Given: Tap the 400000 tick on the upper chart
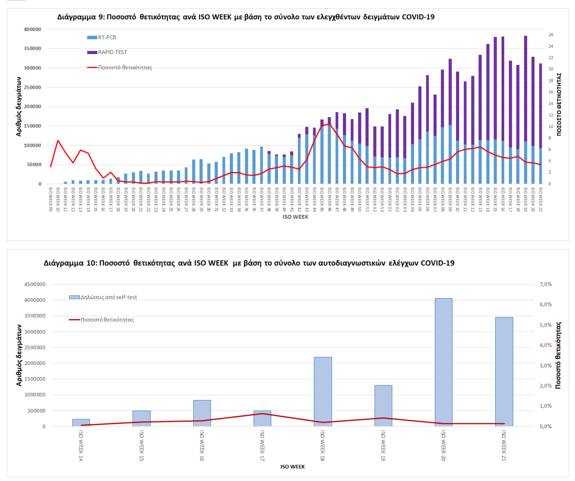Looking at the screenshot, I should (x=32, y=29).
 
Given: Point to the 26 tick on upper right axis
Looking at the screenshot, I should (x=551, y=35).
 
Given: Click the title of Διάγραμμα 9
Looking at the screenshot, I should (x=246, y=17).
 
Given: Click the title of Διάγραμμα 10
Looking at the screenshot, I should (x=249, y=263).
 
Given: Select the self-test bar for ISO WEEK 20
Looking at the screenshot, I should (x=443, y=362).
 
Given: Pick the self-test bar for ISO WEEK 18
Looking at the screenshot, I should (x=323, y=391).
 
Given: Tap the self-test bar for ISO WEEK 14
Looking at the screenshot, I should (x=81, y=422).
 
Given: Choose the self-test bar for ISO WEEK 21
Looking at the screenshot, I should (x=504, y=372).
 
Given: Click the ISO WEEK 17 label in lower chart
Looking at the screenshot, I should (x=262, y=445).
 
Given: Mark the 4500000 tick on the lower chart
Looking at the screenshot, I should (x=34, y=285).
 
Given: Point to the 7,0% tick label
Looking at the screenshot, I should (x=545, y=284).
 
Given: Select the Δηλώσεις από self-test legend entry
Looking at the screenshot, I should (x=108, y=297).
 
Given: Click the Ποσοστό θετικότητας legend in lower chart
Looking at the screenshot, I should (x=107, y=320).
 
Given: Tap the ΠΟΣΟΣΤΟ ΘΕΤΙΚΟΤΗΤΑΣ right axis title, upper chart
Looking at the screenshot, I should (x=559, y=104).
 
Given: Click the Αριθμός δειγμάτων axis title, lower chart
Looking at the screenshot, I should (x=19, y=355).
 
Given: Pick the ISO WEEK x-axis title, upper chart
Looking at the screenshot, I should (x=295, y=217).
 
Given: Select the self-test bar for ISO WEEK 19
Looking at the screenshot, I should (x=383, y=406).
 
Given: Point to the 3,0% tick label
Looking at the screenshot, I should (x=545, y=366).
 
